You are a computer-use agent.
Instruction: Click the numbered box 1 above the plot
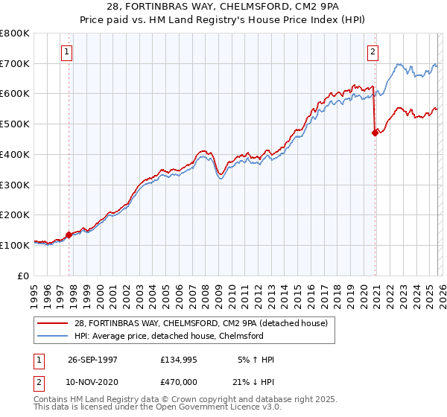(67, 52)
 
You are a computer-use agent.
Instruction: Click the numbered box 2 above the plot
(372, 52)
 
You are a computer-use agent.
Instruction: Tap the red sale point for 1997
(69, 235)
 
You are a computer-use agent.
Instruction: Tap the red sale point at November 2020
(375, 133)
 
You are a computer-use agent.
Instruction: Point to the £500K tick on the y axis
(15, 124)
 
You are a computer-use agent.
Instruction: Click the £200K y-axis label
(15, 214)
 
